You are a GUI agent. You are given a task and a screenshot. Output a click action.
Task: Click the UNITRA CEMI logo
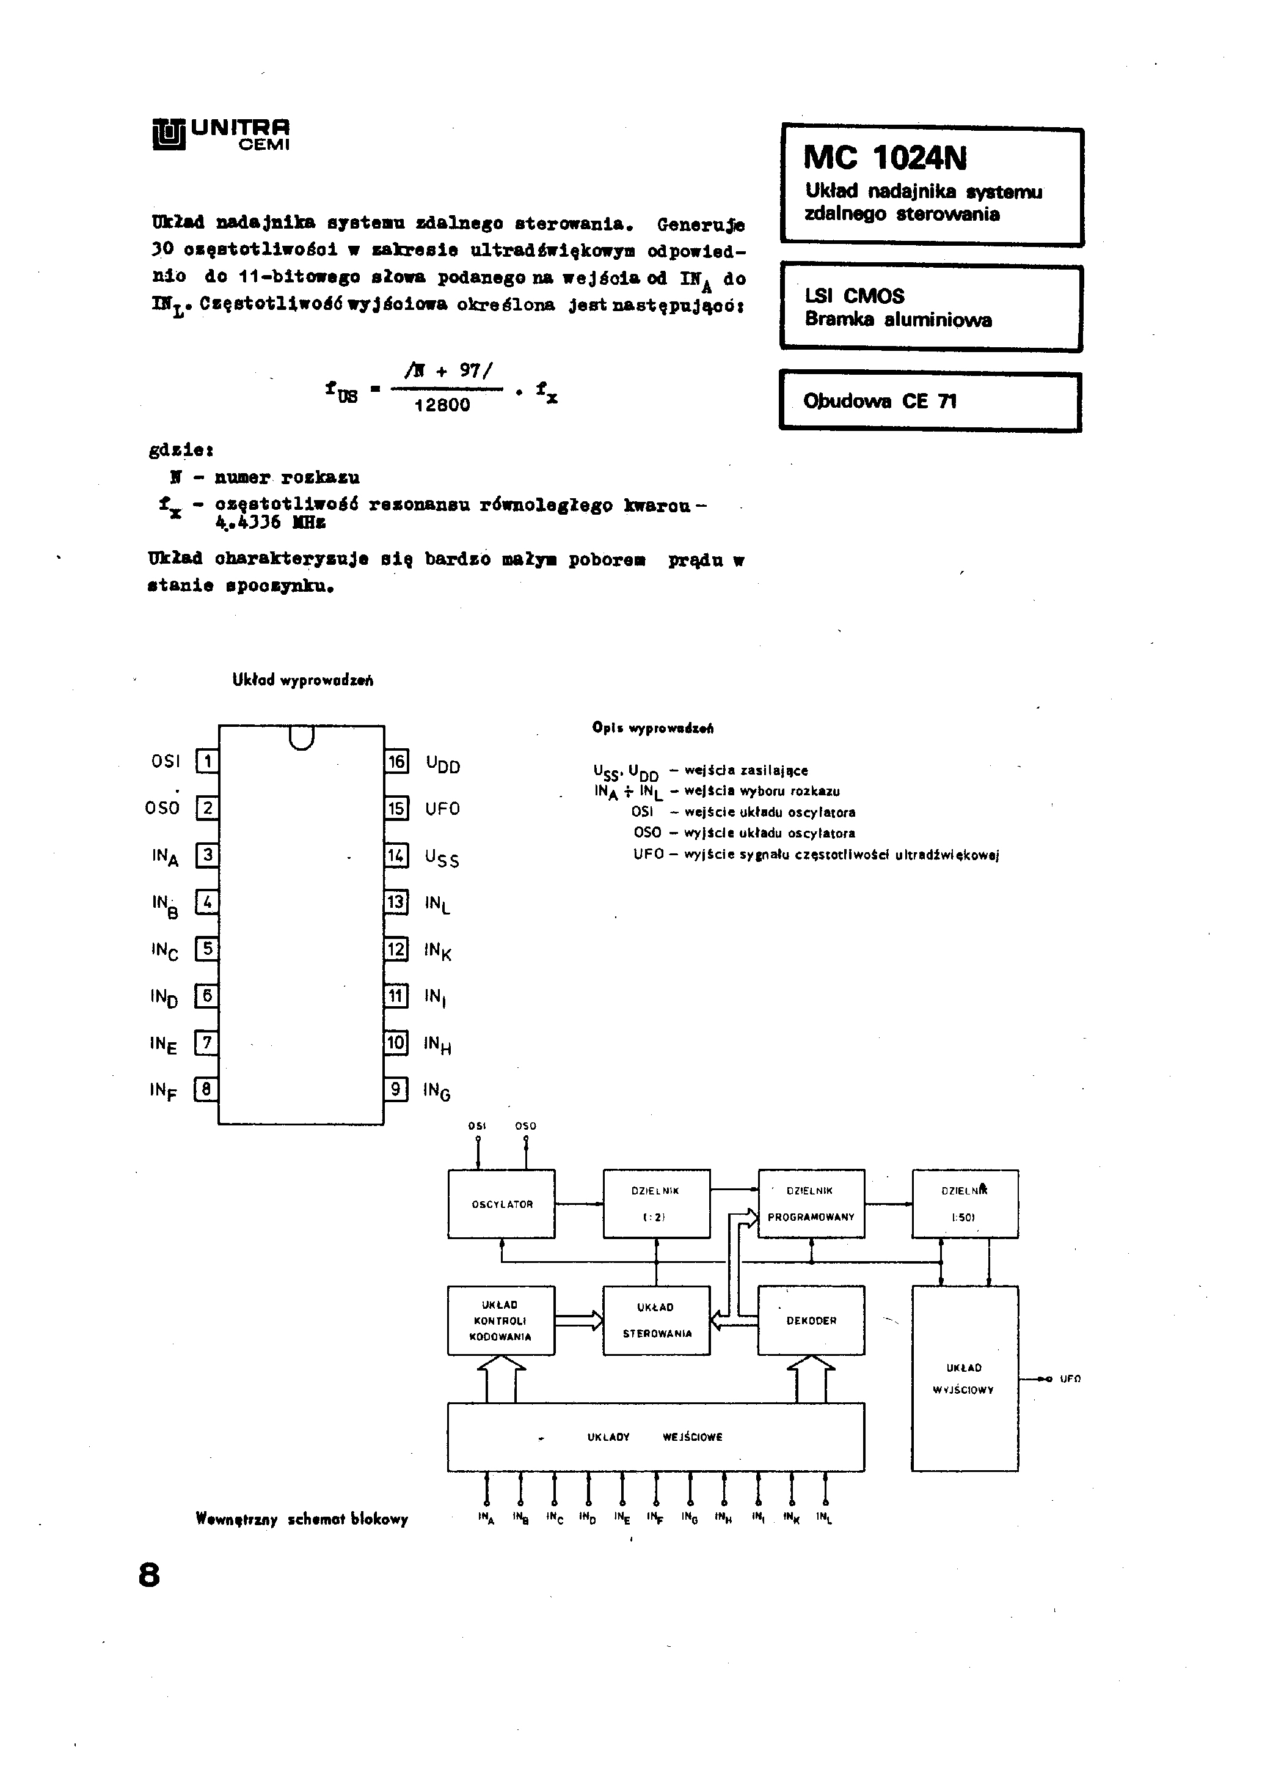pyautogui.click(x=221, y=134)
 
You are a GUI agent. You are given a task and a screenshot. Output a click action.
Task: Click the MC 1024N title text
pyautogui.click(x=885, y=158)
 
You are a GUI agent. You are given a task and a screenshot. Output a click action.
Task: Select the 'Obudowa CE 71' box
pyautogui.click(x=930, y=401)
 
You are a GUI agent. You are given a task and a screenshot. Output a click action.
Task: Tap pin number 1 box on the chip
pyautogui.click(x=206, y=760)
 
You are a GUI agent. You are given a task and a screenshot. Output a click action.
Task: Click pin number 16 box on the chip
pyautogui.click(x=396, y=761)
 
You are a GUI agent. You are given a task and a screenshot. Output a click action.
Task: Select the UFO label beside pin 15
pyautogui.click(x=442, y=809)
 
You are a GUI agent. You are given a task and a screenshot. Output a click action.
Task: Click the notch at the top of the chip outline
pyautogui.click(x=302, y=737)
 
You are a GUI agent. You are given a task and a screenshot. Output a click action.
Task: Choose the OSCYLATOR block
pyautogui.click(x=502, y=1204)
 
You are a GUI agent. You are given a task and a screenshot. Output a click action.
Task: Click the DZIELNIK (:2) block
pyautogui.click(x=656, y=1204)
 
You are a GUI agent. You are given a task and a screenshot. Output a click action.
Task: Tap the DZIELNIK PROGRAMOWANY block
pyautogui.click(x=811, y=1204)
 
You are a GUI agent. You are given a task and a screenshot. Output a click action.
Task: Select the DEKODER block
pyautogui.click(x=811, y=1320)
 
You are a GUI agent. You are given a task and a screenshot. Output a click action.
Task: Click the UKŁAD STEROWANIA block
pyautogui.click(x=656, y=1320)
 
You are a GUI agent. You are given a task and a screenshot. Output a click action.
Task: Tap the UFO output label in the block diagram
pyautogui.click(x=1070, y=1378)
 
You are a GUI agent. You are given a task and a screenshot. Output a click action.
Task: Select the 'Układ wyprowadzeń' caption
pyautogui.click(x=302, y=680)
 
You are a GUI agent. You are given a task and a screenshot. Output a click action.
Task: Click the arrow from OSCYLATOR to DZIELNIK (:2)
pyautogui.click(x=579, y=1204)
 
